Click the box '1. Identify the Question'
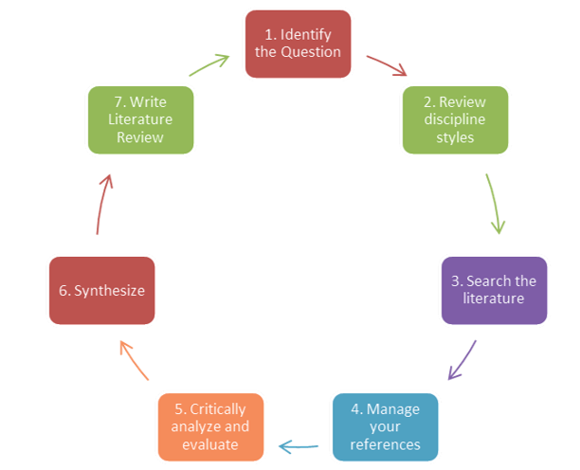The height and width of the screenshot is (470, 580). click(x=298, y=44)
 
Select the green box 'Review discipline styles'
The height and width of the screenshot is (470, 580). click(x=455, y=119)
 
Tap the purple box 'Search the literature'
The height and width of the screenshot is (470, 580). click(x=494, y=290)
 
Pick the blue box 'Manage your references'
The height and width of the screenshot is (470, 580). click(x=386, y=426)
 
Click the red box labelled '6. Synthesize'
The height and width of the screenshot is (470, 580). click(x=101, y=290)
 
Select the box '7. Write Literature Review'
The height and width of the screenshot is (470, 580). click(x=140, y=119)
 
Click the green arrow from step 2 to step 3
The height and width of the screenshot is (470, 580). click(x=494, y=203)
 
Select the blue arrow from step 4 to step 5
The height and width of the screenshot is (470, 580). click(x=299, y=443)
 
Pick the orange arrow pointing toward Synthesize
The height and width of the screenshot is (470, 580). click(x=134, y=360)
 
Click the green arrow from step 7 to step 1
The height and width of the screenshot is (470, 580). click(x=210, y=64)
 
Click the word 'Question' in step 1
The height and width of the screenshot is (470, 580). click(x=311, y=52)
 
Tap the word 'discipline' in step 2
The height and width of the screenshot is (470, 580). click(x=455, y=119)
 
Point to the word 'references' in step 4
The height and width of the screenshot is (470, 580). click(x=386, y=443)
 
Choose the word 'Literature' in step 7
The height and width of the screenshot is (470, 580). click(x=140, y=119)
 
